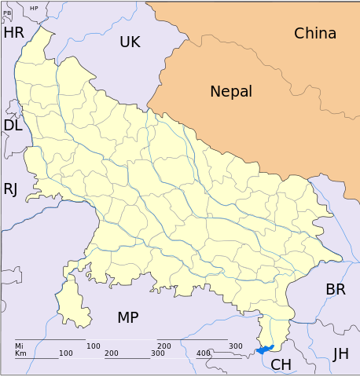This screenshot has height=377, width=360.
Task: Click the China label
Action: [x=315, y=33]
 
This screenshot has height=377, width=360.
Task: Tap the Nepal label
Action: [x=231, y=91]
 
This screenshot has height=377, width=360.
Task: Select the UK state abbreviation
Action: [x=130, y=42]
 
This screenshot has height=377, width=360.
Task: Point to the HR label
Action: [x=14, y=32]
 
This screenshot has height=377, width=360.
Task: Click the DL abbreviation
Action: [x=13, y=125]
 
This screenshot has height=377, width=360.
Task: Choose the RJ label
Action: [x=10, y=188]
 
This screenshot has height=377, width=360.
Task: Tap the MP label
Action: [x=128, y=317]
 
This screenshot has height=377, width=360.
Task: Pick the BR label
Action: [x=336, y=289]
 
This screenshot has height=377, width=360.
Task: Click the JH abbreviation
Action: [x=340, y=354]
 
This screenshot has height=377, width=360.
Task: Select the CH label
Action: [x=281, y=364]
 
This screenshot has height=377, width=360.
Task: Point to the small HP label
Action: [x=34, y=8]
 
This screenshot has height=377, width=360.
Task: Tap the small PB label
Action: [x=7, y=13]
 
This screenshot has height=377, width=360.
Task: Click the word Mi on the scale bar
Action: [x=19, y=346]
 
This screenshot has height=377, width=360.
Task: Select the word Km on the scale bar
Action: [x=20, y=353]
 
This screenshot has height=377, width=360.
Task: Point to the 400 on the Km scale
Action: [x=203, y=353]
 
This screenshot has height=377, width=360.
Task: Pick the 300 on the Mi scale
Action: [x=235, y=346]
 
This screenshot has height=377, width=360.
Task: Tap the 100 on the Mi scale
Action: [x=93, y=346]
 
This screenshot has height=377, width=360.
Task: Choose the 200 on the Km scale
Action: [x=112, y=353]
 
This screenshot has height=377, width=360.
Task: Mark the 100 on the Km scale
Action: [x=66, y=353]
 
